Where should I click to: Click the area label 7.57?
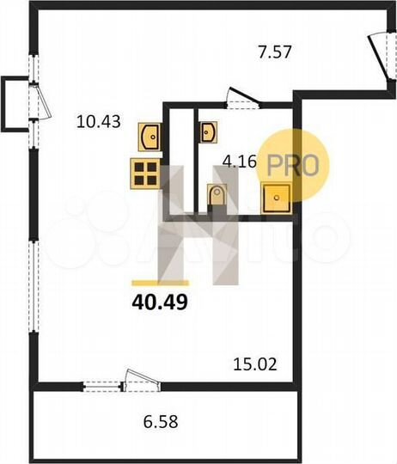(x=277, y=52)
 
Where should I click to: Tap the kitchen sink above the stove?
(x=150, y=136)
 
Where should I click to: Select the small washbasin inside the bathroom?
(x=209, y=131)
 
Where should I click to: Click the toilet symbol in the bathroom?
(x=217, y=195)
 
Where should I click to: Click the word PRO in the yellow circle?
(x=294, y=163)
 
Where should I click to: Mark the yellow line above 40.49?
(x=160, y=282)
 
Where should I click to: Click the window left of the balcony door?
(x=100, y=383)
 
